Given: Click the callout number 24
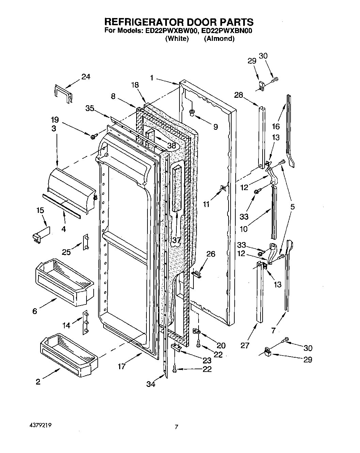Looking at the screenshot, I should click(x=85, y=77).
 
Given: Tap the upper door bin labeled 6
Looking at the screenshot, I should click(x=65, y=281).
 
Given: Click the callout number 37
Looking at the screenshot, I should click(x=176, y=240).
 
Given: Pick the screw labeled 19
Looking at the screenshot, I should click(x=93, y=137).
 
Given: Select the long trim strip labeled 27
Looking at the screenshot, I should click(x=261, y=293).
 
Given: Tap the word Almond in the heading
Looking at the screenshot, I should click(x=219, y=38).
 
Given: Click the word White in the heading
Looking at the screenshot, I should click(x=177, y=38).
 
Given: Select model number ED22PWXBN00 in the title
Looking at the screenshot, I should click(x=226, y=31).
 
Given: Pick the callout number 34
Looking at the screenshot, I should click(x=151, y=384).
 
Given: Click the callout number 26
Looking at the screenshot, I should click(x=211, y=254).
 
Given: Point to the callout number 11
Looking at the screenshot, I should click(x=206, y=204).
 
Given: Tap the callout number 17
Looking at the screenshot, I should click(x=122, y=367).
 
